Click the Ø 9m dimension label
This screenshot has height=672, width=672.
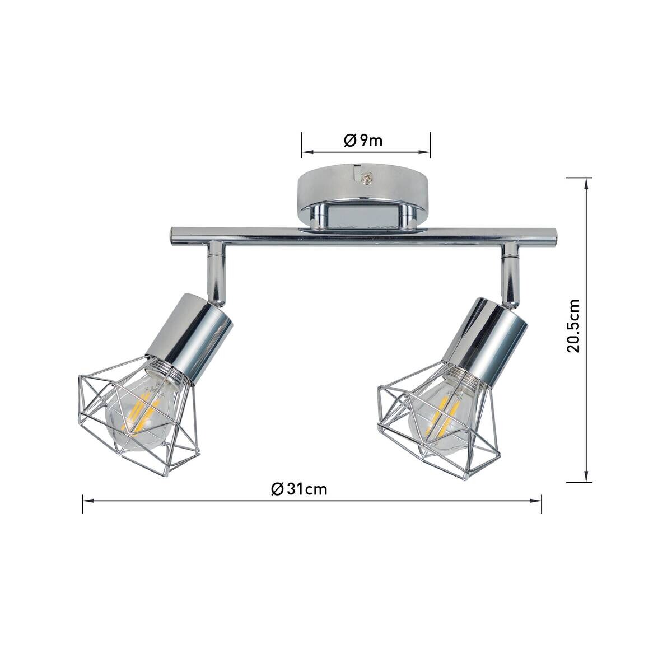[363, 141]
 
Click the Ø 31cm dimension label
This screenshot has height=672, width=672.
[299, 489]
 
